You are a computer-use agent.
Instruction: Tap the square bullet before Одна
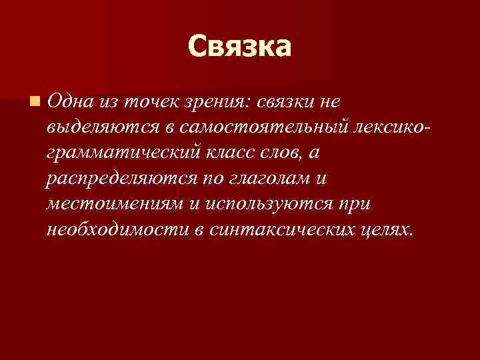coord(34,102)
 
